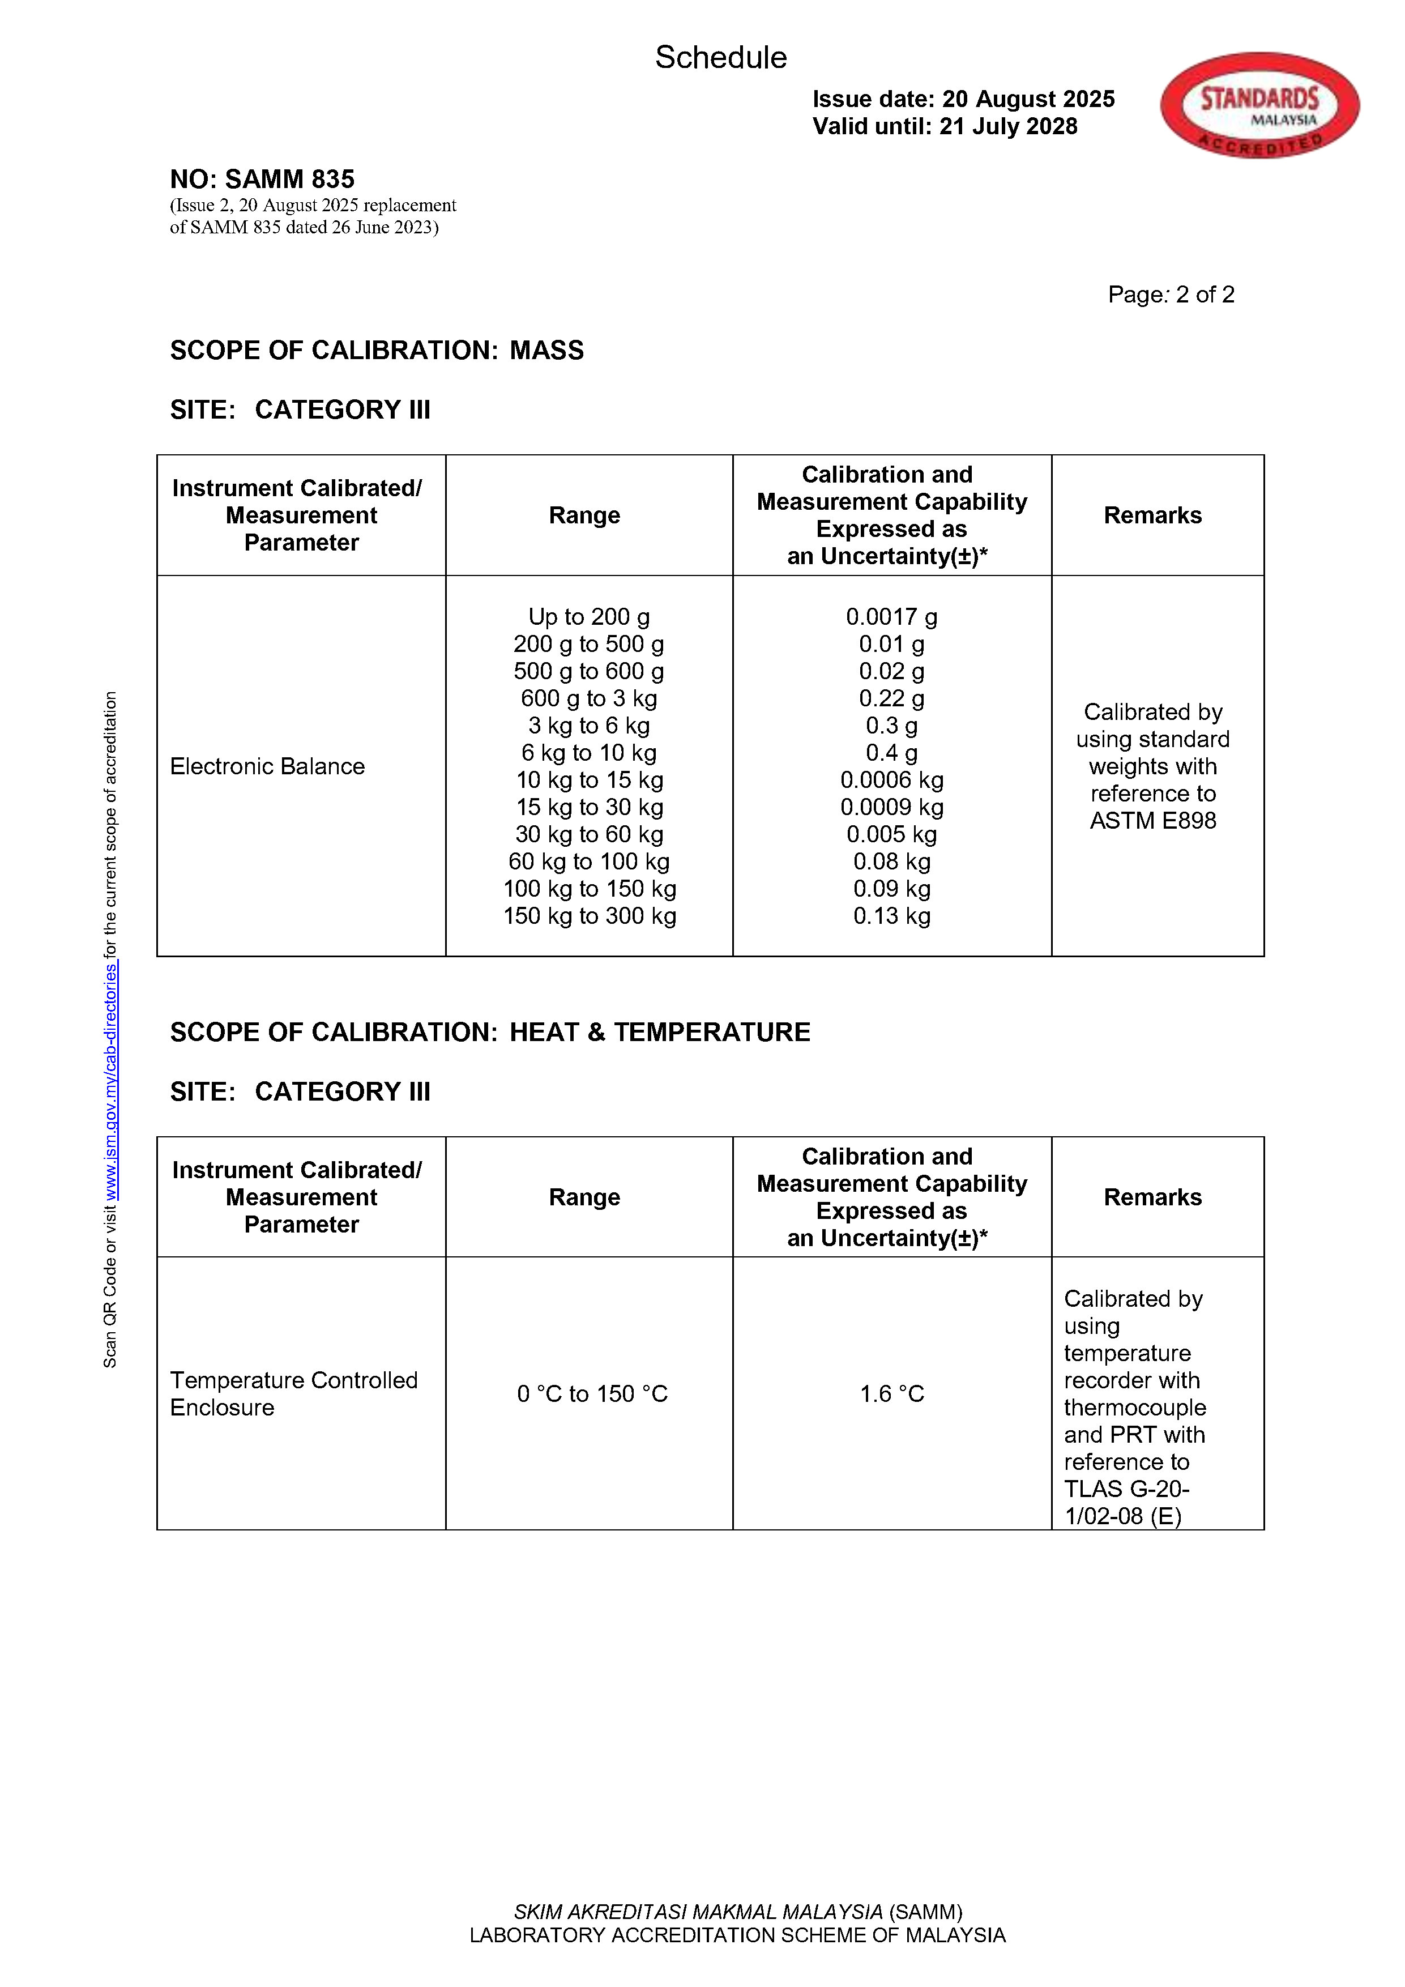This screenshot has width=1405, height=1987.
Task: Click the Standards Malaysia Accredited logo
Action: click(x=1259, y=105)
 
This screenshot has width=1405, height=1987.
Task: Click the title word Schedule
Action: click(x=721, y=57)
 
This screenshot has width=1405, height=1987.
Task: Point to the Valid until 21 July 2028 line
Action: click(x=945, y=126)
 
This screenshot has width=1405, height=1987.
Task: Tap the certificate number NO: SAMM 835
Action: click(x=262, y=179)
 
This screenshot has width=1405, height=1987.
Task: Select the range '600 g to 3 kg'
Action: click(x=589, y=698)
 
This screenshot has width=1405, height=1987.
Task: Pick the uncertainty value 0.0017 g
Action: click(x=891, y=617)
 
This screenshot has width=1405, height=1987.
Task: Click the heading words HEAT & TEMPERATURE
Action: click(x=659, y=1033)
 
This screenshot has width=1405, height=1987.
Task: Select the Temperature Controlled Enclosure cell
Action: click(x=293, y=1393)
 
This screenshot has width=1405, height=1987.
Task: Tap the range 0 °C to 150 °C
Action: click(x=592, y=1393)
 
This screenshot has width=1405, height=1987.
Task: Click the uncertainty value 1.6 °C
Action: click(x=891, y=1393)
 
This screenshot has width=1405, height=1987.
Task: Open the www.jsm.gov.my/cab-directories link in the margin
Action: click(x=112, y=1082)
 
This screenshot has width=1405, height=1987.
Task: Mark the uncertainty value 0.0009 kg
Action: click(x=891, y=808)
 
